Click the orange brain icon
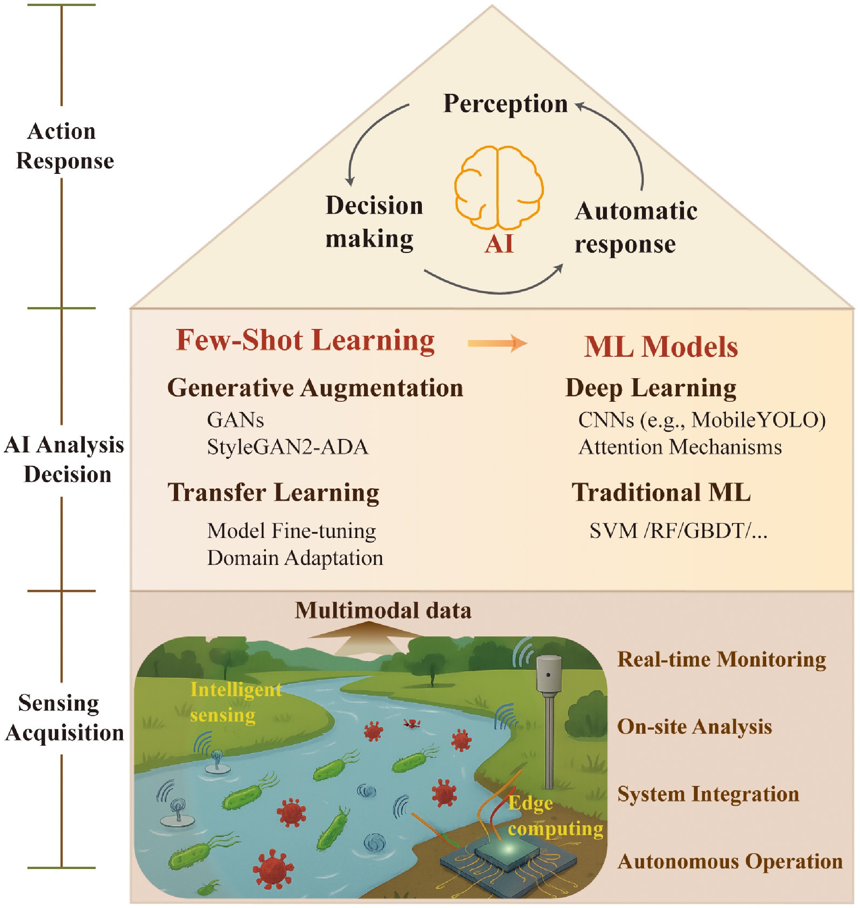coord(499,188)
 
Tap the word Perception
coord(505,104)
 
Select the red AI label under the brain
coord(499,244)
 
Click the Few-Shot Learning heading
coord(305,340)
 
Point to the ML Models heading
coord(660,346)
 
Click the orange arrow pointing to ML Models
coord(497,342)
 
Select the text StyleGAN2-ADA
coord(287,447)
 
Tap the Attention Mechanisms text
coord(680,447)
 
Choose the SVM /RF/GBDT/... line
coord(678,531)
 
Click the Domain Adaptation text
coord(295,558)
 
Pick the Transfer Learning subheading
coord(273,493)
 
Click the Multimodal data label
coord(383,610)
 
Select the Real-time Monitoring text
coord(722,660)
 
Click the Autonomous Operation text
coord(730,861)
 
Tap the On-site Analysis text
coord(695,726)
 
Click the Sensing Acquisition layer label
coord(64,718)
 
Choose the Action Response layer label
coord(64,146)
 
